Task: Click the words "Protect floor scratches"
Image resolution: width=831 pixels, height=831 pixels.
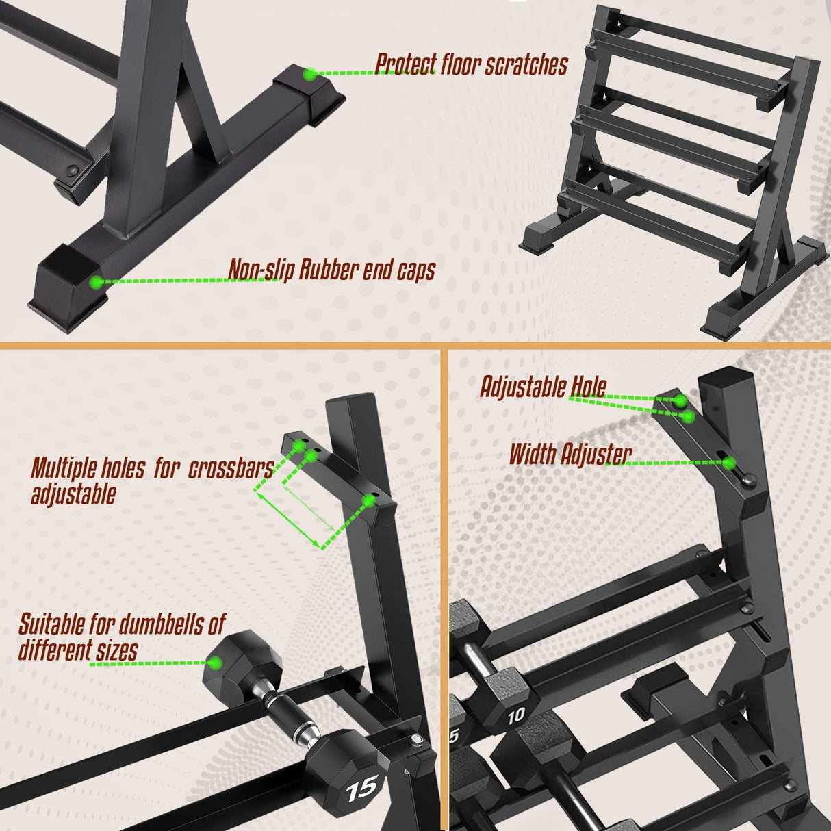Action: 472,64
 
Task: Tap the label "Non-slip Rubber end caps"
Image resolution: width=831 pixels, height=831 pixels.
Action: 331,270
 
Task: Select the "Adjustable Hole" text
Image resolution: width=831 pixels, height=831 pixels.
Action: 543,387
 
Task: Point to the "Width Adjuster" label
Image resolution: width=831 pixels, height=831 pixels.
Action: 570,454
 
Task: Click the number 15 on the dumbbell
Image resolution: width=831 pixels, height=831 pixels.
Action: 361,789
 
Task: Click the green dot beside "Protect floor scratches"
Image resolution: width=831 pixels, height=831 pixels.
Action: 310,73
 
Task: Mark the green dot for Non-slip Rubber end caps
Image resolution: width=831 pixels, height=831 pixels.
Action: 97,281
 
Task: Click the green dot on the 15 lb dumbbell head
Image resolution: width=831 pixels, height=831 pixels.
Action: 216,662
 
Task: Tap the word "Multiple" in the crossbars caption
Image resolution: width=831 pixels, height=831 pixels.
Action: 63,469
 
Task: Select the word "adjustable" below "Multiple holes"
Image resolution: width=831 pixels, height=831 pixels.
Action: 73,494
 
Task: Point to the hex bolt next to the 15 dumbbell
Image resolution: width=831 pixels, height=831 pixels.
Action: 416,739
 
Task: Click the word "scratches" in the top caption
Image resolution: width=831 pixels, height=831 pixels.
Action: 526,64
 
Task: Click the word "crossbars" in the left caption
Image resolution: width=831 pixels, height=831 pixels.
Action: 230,469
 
